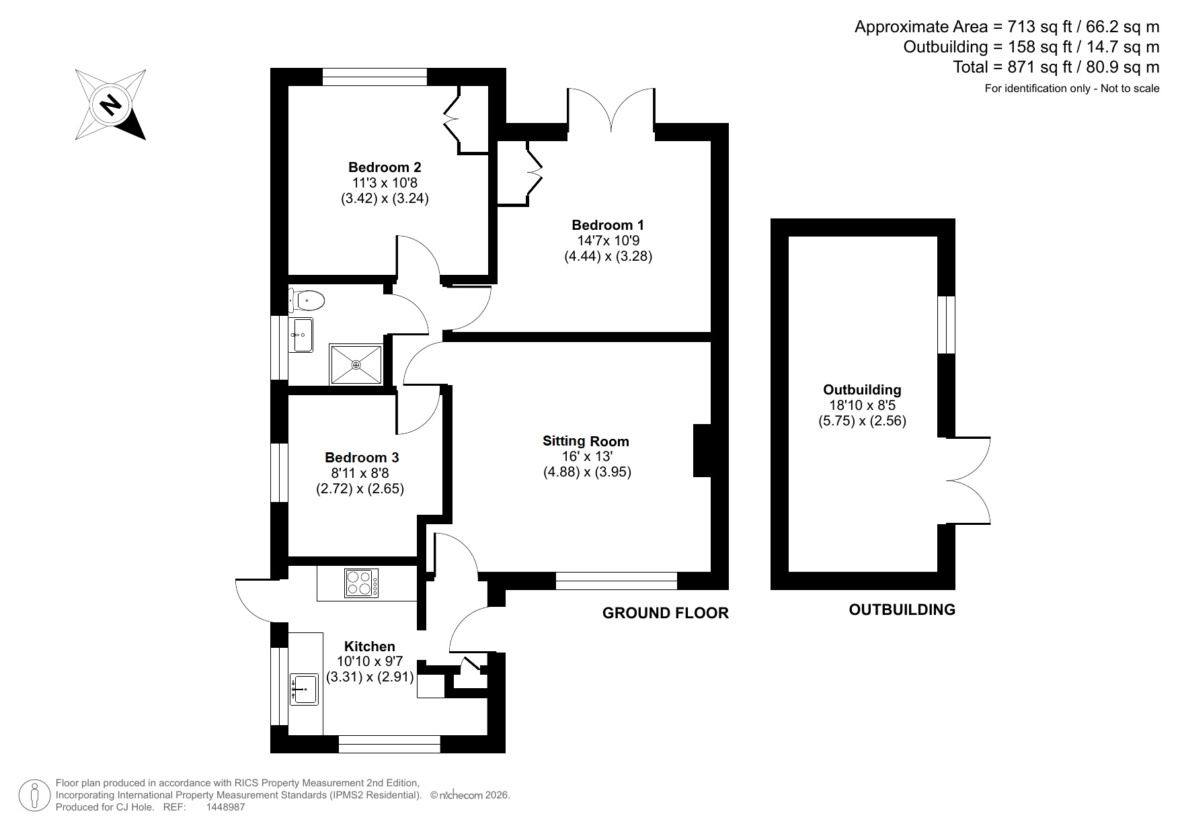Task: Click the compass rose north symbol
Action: [x=110, y=105]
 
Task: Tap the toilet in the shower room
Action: [x=307, y=300]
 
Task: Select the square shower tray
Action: [x=356, y=365]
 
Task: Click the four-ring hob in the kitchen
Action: [x=361, y=583]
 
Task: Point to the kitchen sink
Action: [x=304, y=689]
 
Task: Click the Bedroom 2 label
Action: [x=385, y=167]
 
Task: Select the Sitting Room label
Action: [x=586, y=442]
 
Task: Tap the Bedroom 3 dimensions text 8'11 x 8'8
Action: [x=360, y=473]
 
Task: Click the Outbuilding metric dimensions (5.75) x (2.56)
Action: [x=862, y=421]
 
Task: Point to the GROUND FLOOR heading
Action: [x=665, y=613]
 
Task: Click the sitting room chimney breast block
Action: [x=701, y=450]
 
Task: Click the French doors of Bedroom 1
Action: [x=611, y=111]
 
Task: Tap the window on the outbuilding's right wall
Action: [x=946, y=325]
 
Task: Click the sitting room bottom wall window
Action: [x=616, y=581]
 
